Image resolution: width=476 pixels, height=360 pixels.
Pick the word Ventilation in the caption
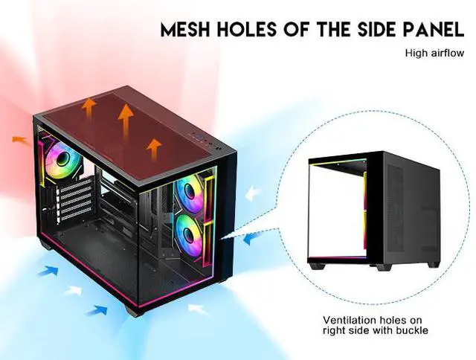coord(347,321)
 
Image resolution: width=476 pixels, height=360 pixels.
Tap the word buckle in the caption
coord(413,331)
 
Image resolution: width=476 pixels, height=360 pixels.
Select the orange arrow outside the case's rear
coord(22,138)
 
